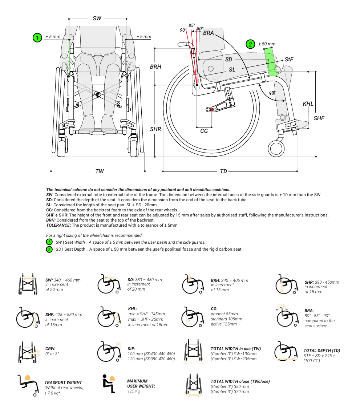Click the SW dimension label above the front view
97,18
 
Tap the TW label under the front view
100,171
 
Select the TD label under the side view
223,171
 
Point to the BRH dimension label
155,67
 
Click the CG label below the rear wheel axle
204,131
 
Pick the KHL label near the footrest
308,104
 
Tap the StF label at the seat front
289,59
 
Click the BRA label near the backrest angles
209,33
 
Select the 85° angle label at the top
192,25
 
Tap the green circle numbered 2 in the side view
250,44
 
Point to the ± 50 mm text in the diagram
267,44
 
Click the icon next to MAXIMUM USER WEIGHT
108,383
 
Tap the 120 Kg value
134,391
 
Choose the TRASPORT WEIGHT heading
63,382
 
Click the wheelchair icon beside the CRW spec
29,352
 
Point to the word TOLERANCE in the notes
58,225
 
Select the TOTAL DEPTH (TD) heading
322,351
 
